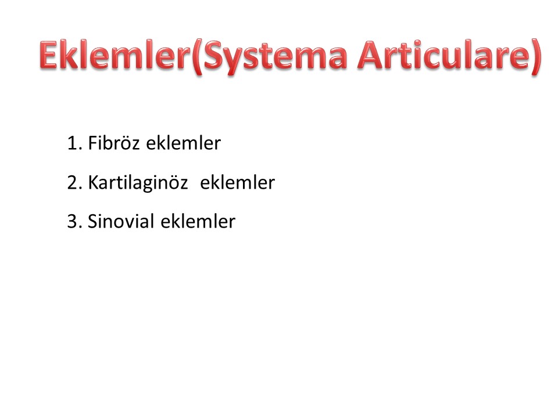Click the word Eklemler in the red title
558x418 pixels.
click(115, 55)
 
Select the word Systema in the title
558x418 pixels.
click(275, 57)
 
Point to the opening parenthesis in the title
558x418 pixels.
click(197, 57)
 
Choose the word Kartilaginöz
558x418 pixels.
click(138, 183)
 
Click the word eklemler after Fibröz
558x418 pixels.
click(183, 143)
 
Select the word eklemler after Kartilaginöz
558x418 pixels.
click(237, 182)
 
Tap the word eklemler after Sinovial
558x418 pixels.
click(198, 221)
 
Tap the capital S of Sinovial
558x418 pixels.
click(92, 221)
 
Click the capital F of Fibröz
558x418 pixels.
click(92, 143)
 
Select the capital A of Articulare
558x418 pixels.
click(371, 55)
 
